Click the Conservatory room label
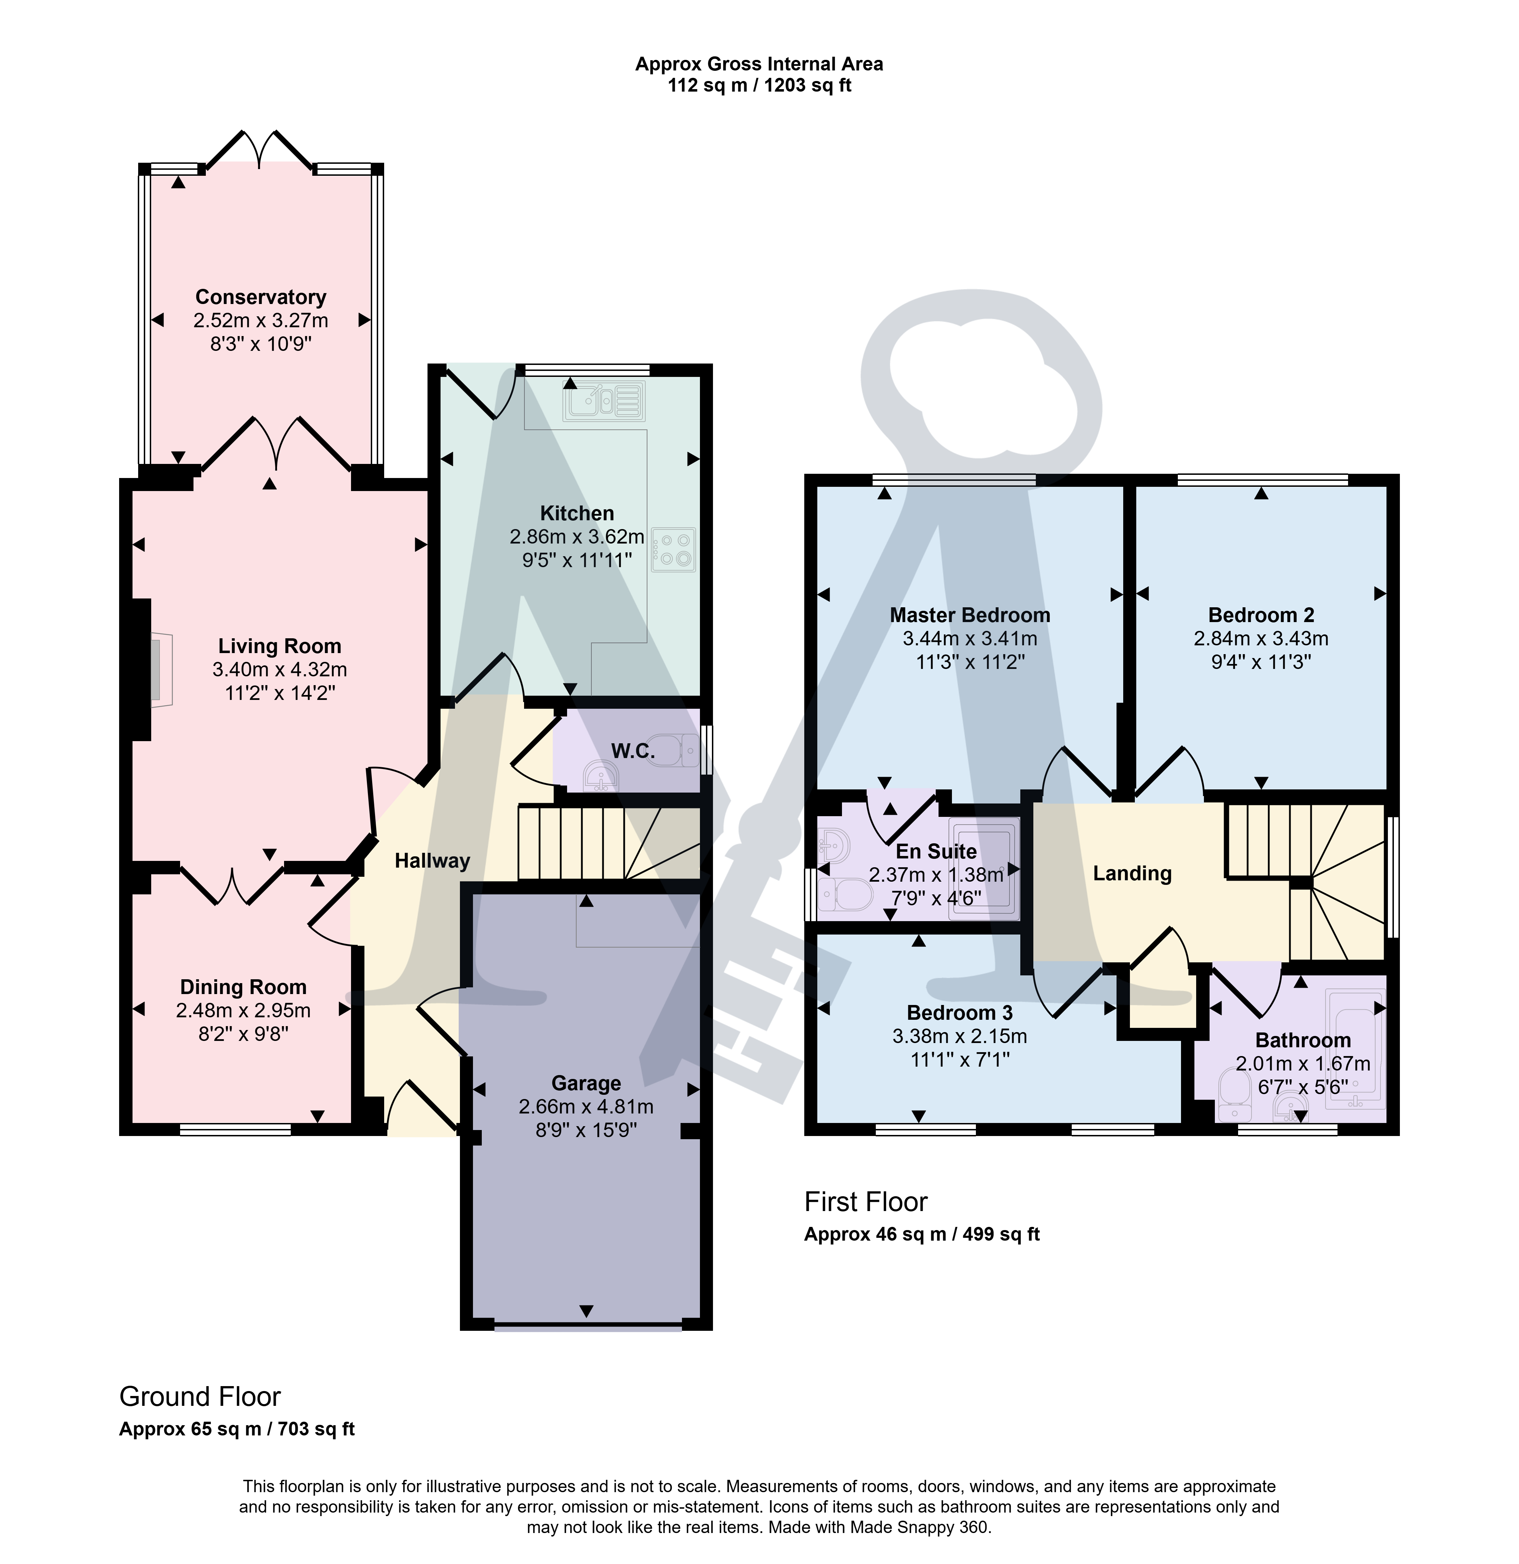pos(261,297)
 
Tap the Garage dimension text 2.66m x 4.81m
pos(586,1107)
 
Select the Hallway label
pos(433,860)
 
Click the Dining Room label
pos(244,987)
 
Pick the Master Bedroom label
pos(970,615)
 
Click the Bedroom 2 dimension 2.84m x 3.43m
pos(1261,638)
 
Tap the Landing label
pos(1132,874)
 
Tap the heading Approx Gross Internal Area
pos(759,64)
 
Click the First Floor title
pos(866,1202)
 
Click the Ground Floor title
pos(200,1396)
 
